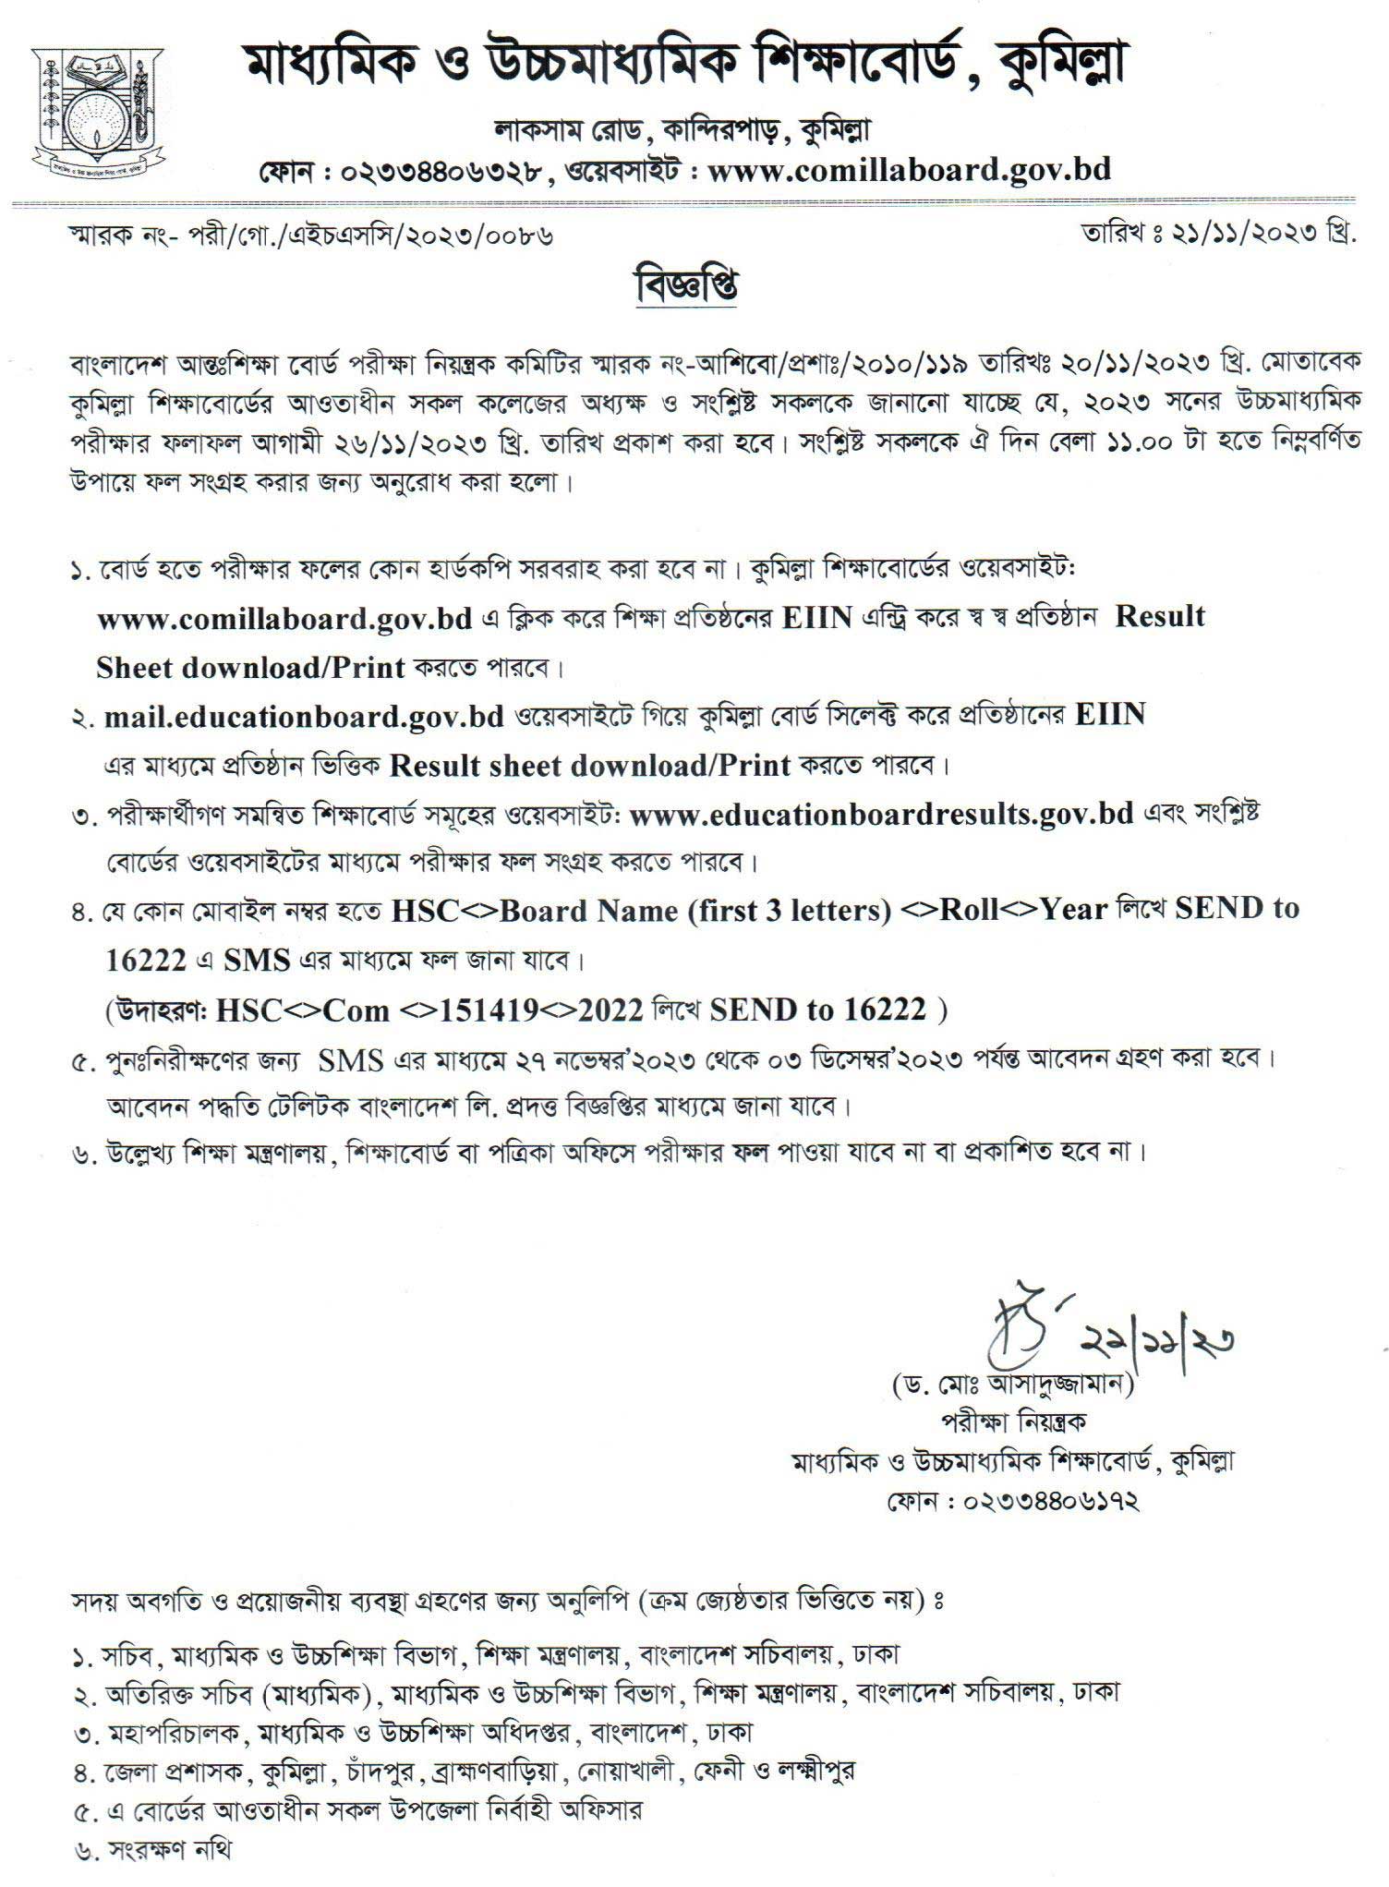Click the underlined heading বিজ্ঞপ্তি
686,285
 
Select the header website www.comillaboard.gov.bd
909,170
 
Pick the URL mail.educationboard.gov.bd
304,717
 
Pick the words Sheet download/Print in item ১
250,668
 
